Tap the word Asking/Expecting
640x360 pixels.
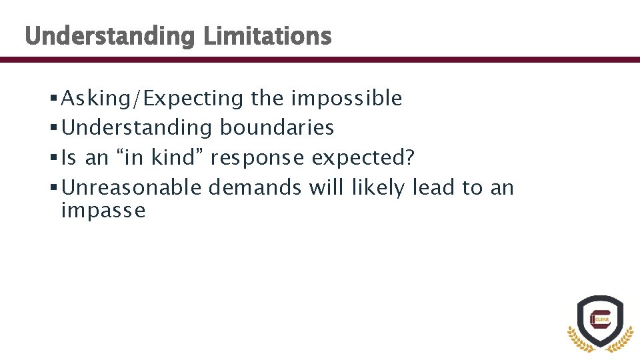[x=153, y=99]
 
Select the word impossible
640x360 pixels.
[x=346, y=99]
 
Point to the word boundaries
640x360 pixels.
[x=277, y=128]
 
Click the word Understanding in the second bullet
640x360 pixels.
[x=137, y=128]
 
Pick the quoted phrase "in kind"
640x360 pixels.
[x=163, y=158]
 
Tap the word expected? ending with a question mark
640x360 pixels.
[x=363, y=159]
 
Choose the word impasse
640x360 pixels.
[x=103, y=211]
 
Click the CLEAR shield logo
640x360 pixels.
[x=599, y=322]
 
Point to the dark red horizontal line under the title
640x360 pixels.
[x=320, y=60]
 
